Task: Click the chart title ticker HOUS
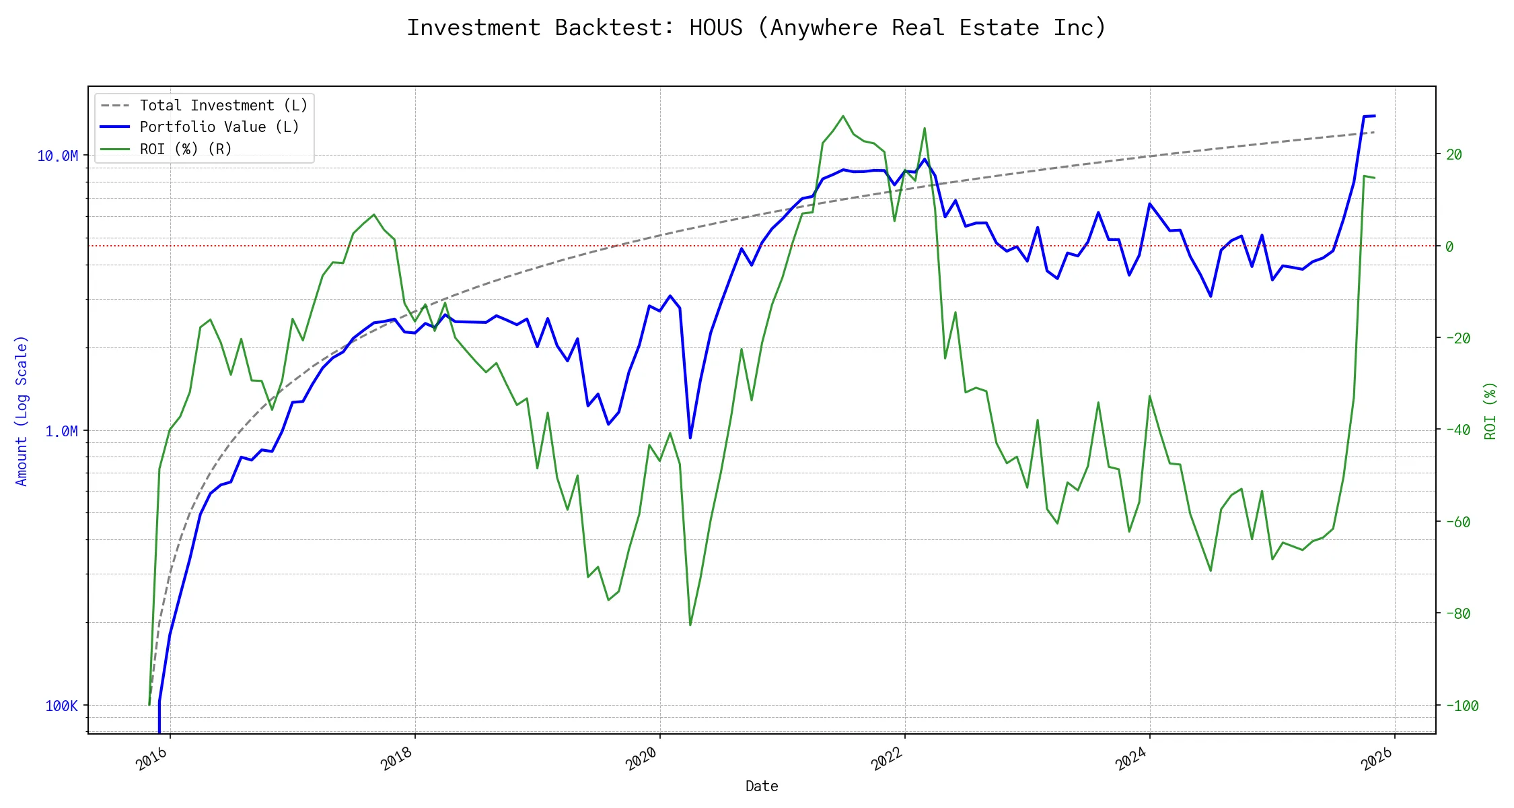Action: pyautogui.click(x=716, y=28)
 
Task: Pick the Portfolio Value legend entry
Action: pyautogui.click(x=219, y=127)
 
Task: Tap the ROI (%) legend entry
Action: pyautogui.click(x=186, y=149)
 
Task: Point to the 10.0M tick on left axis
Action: pyautogui.click(x=57, y=156)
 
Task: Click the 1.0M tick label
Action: pyautogui.click(x=61, y=431)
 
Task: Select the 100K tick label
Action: pyautogui.click(x=61, y=706)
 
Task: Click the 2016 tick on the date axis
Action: pyautogui.click(x=152, y=759)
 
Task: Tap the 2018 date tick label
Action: pyautogui.click(x=397, y=759)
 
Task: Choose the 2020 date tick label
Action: pyautogui.click(x=642, y=759)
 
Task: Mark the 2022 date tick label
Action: pyautogui.click(x=887, y=759)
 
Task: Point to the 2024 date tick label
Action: pyautogui.click(x=1132, y=759)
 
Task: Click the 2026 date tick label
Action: pyautogui.click(x=1377, y=759)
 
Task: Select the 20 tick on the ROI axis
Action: pyautogui.click(x=1454, y=155)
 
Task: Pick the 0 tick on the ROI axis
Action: pyautogui.click(x=1449, y=246)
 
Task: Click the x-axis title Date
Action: pyautogui.click(x=762, y=786)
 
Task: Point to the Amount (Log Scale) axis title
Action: pyautogui.click(x=22, y=411)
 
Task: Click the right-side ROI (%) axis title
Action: pyautogui.click(x=1490, y=411)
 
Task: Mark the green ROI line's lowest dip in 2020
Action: pyautogui.click(x=690, y=625)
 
